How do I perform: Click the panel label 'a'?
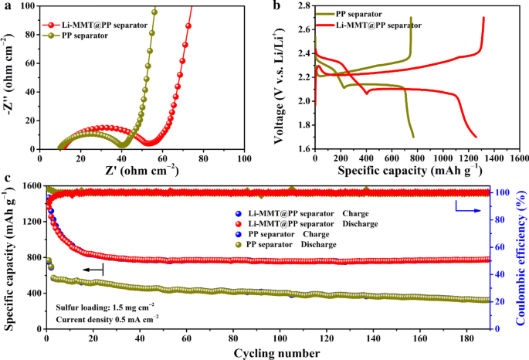pos(7,6)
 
